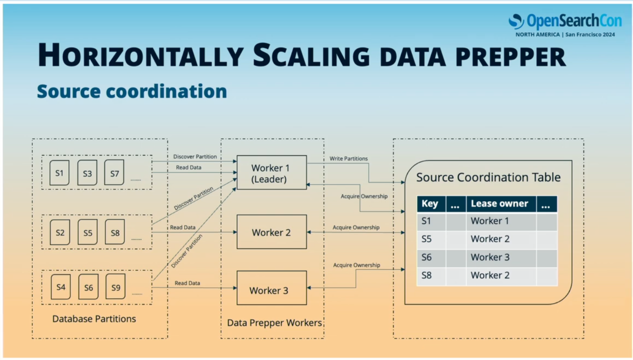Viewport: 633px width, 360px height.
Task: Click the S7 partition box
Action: pos(114,173)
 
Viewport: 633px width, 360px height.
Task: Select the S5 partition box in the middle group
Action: pos(88,232)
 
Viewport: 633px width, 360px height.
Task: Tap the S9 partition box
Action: pos(116,287)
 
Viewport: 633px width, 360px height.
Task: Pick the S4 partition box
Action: pos(61,287)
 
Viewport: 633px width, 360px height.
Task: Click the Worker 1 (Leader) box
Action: pos(272,173)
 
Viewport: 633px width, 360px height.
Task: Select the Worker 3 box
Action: pos(272,288)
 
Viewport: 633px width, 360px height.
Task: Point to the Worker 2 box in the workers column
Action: pos(272,232)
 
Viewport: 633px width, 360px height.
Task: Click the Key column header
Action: pos(431,204)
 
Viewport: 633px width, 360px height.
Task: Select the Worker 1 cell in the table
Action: pos(501,221)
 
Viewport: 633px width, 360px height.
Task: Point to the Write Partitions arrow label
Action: pos(349,159)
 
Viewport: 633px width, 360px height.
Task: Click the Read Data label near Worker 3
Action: pos(187,283)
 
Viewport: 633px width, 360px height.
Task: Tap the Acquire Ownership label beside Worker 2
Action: pos(356,228)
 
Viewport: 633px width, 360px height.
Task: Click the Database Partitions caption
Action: pos(94,319)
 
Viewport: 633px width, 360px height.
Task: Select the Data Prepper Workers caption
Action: pos(274,323)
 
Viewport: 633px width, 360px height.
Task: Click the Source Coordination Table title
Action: pos(488,177)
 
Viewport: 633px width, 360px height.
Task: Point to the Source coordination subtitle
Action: pos(132,91)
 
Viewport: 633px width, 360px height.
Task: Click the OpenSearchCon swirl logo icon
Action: pos(516,22)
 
